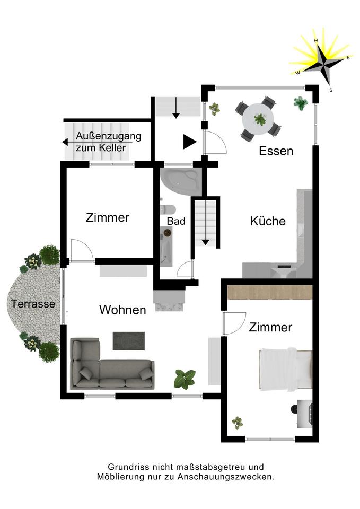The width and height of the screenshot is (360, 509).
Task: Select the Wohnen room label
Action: (x=122, y=310)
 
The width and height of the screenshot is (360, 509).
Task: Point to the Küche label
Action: (x=268, y=221)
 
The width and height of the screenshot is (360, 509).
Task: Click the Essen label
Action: (x=276, y=151)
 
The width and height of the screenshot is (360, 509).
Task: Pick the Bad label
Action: (x=176, y=221)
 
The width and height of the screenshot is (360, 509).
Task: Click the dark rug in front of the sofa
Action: (x=128, y=340)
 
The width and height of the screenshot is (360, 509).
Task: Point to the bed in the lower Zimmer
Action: (x=285, y=369)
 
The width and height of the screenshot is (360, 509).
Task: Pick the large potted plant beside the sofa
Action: (x=185, y=379)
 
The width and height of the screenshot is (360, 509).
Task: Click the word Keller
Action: (x=113, y=148)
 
